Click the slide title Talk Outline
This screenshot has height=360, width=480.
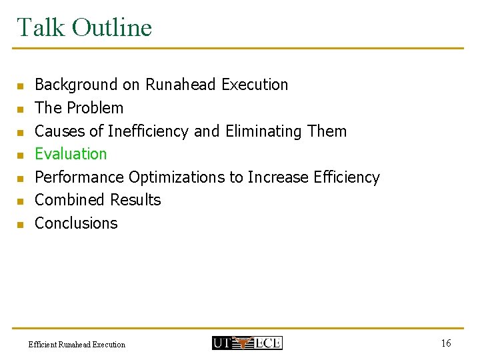click(x=84, y=27)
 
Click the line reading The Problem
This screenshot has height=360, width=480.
click(x=79, y=108)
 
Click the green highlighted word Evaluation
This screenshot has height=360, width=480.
click(x=71, y=154)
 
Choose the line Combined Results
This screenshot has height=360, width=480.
click(x=97, y=200)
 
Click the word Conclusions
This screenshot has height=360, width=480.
click(x=75, y=223)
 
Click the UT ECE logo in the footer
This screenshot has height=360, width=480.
click(x=247, y=343)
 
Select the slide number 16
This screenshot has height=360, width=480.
click(x=445, y=343)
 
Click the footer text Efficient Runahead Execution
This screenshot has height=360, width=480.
click(x=77, y=345)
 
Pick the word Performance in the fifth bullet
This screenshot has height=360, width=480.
click(x=79, y=177)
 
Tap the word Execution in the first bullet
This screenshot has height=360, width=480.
click(x=255, y=85)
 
